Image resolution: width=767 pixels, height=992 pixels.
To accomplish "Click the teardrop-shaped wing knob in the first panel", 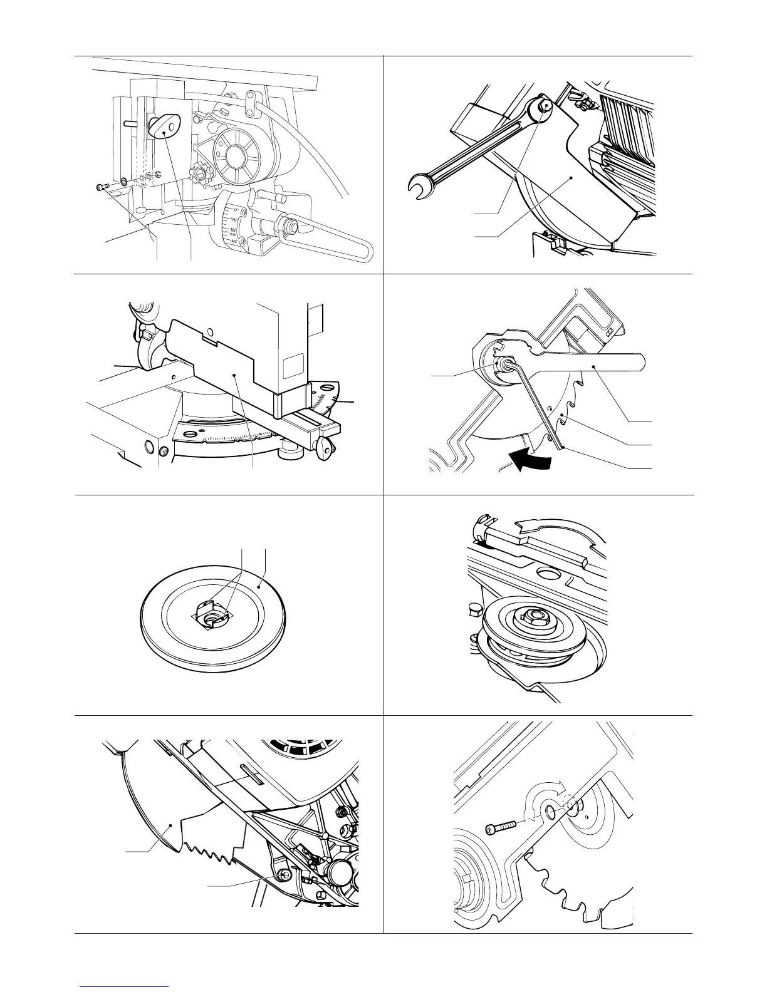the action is pos(162,125).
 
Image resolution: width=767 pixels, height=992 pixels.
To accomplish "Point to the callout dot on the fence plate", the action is pos(234,375).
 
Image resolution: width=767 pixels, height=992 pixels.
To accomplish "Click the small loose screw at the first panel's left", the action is pos(103,187).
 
